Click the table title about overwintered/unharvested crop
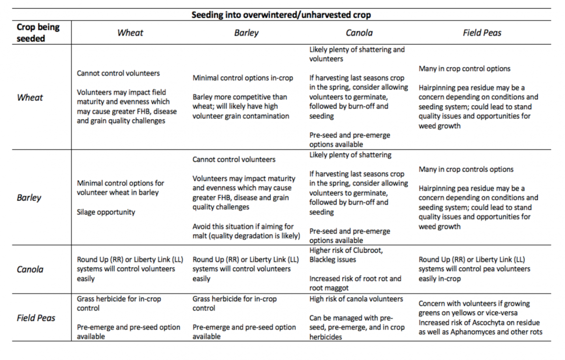coord(281,15)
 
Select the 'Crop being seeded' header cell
coord(38,33)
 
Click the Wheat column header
coord(130,33)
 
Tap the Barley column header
coord(246,33)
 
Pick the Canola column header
coord(359,33)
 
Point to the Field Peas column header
coord(482,33)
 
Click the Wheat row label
coord(30,97)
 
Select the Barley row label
coord(29,198)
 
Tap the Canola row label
coord(30,270)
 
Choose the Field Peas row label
coord(36,318)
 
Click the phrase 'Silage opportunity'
coord(106,212)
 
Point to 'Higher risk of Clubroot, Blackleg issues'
coord(346,255)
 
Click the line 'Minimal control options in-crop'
coord(243,78)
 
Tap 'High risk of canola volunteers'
coord(356,299)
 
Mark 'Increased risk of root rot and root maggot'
coord(355,283)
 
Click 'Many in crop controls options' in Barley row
coord(466,169)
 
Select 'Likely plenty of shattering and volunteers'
coord(357,54)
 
